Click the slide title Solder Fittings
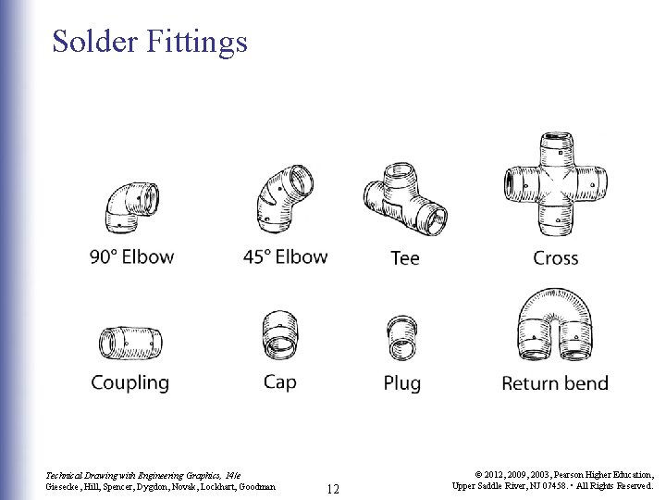click(x=150, y=41)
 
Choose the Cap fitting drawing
click(x=279, y=336)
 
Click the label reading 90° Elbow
click(x=131, y=256)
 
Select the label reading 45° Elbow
click(x=285, y=256)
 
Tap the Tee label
click(x=405, y=258)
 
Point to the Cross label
click(x=555, y=258)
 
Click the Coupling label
click(x=130, y=382)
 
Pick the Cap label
click(x=279, y=381)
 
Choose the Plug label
click(x=402, y=383)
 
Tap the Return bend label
click(x=555, y=382)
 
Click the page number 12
click(x=334, y=488)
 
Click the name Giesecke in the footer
click(x=64, y=486)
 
